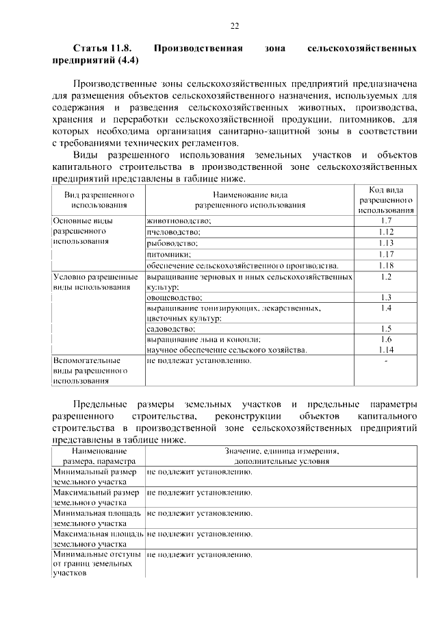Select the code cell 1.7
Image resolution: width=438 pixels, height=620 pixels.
(385, 221)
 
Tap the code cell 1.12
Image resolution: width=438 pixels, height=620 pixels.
(385, 232)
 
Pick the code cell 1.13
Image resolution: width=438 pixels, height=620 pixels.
(385, 243)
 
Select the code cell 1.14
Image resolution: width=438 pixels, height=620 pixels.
(385, 349)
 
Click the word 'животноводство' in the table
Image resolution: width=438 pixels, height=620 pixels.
(178, 221)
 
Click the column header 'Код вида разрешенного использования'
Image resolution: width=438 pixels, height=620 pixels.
(385, 199)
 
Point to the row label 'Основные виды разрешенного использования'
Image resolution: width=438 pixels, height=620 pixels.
(86, 232)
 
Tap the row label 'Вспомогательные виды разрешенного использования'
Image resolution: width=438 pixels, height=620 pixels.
(86, 370)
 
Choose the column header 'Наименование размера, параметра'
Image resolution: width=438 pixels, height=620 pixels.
(96, 456)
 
